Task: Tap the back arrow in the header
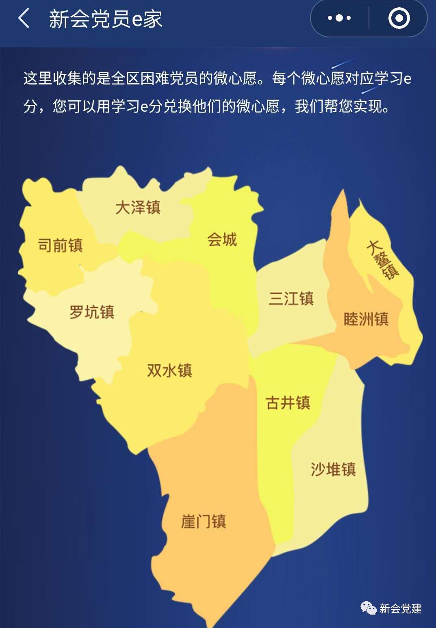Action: pyautogui.click(x=24, y=18)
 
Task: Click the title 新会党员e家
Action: pyautogui.click(x=106, y=19)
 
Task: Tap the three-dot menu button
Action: pyautogui.click(x=339, y=18)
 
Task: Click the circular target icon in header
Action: pyautogui.click(x=399, y=18)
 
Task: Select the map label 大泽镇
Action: pyautogui.click(x=138, y=207)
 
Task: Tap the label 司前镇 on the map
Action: pyautogui.click(x=60, y=245)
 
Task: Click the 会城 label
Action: pyautogui.click(x=222, y=239)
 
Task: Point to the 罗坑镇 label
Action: pyautogui.click(x=92, y=312)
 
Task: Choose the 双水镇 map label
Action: pyautogui.click(x=169, y=370)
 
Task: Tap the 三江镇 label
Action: pyautogui.click(x=291, y=299)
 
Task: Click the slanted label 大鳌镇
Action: pyautogui.click(x=382, y=260)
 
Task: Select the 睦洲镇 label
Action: pyautogui.click(x=366, y=319)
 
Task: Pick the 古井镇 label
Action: pyautogui.click(x=288, y=403)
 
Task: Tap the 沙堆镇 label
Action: pyautogui.click(x=333, y=469)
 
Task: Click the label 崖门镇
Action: pyautogui.click(x=203, y=521)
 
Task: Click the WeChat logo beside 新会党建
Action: pyautogui.click(x=369, y=608)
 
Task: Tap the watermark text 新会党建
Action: pyautogui.click(x=400, y=609)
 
